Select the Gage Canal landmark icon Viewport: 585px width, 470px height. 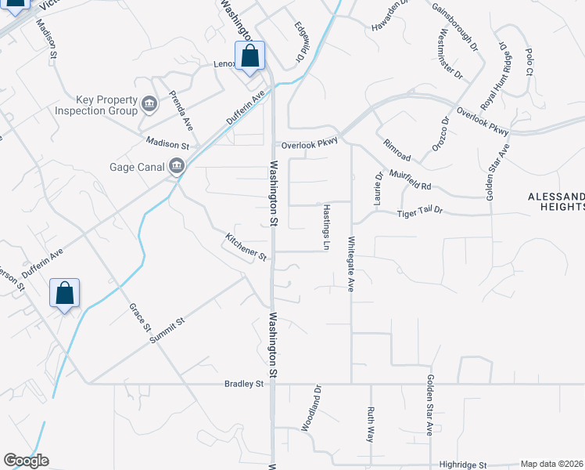[178, 166]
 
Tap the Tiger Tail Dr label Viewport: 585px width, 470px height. [419, 212]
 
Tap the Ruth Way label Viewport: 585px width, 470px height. [370, 424]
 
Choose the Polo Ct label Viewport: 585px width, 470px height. [528, 62]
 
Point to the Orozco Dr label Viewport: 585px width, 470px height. [440, 134]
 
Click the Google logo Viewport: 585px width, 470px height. [26, 461]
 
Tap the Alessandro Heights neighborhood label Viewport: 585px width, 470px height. [556, 201]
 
